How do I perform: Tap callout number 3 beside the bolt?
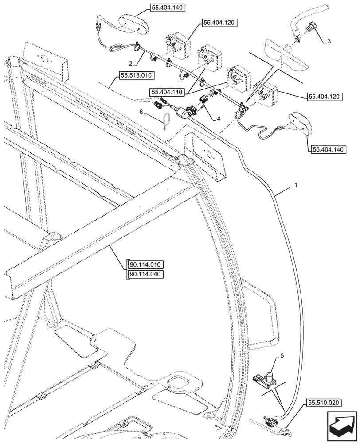(x=328, y=41)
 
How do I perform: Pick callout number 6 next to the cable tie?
(x=141, y=113)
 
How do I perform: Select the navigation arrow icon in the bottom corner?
(x=342, y=426)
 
